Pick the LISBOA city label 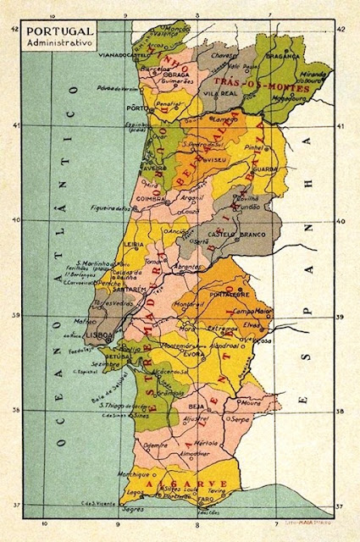(100, 335)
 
